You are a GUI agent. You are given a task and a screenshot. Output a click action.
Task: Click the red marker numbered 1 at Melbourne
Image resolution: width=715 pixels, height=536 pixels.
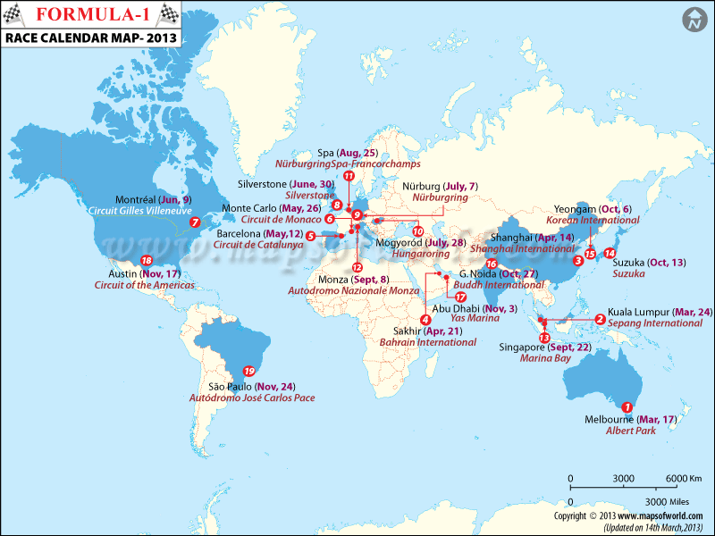(x=627, y=406)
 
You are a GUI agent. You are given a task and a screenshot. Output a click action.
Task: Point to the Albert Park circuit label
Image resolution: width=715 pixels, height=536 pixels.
(x=603, y=431)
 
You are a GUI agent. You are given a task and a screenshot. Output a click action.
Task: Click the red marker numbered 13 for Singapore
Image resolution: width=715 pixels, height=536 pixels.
(x=544, y=338)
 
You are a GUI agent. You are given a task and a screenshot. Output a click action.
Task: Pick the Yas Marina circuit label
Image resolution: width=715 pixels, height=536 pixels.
(x=476, y=320)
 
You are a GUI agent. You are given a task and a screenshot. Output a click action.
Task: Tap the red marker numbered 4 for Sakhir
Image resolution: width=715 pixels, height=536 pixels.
(x=425, y=320)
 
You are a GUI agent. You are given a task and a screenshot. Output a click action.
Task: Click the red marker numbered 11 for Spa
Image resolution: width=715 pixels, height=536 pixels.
(x=349, y=176)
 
